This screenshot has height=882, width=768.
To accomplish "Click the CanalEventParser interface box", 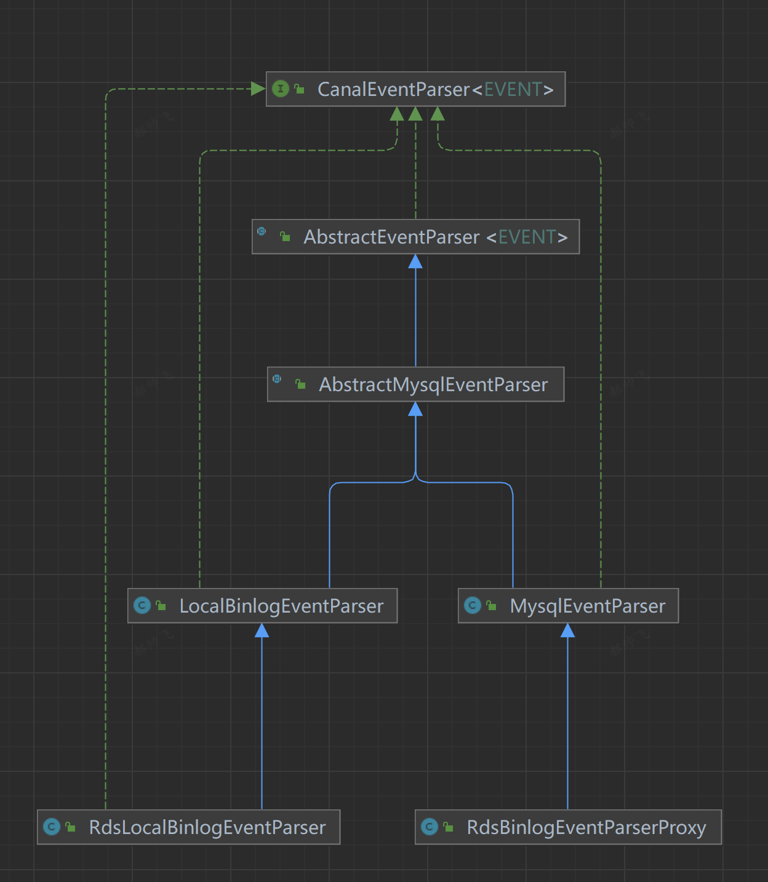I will (x=415, y=89).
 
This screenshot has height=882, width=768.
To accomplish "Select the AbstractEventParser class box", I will (x=415, y=237).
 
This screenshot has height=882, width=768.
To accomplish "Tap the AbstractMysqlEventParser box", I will (x=415, y=384).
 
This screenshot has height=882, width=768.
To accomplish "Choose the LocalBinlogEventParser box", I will (x=262, y=606).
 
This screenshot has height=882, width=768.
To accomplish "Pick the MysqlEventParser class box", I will (x=568, y=606).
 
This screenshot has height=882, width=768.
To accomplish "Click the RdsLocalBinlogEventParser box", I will (x=188, y=827).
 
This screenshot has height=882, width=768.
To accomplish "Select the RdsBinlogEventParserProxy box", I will (x=568, y=827).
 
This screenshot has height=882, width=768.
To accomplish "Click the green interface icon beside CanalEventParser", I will (x=281, y=89).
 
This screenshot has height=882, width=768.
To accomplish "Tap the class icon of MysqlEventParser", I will (x=473, y=606).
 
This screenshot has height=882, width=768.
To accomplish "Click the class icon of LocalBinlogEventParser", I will (x=142, y=606).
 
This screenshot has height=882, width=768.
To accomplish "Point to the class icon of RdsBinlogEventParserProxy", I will (x=430, y=827).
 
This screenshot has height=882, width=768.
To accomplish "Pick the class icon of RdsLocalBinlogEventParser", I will (x=52, y=827).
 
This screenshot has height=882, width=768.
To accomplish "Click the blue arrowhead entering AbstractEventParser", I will (x=415, y=262).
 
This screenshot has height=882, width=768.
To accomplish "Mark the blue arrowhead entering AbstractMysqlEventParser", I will (x=415, y=410).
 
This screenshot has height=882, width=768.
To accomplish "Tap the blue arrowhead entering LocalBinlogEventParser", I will (x=262, y=630).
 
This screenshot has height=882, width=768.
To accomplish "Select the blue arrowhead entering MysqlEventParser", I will (x=568, y=630).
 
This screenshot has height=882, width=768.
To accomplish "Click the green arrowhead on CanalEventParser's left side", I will (x=258, y=89).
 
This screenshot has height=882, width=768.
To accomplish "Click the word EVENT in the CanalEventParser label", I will (x=513, y=90).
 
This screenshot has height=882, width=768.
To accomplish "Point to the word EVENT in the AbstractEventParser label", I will (x=527, y=237).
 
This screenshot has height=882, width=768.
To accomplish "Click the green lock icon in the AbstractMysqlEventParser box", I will (x=300, y=384).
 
